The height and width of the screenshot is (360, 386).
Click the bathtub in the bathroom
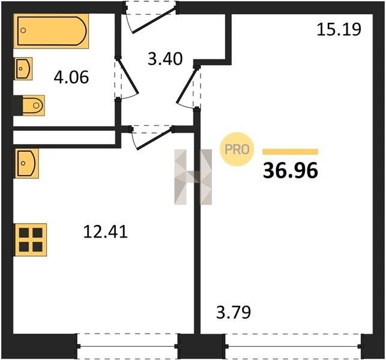coord(51,31)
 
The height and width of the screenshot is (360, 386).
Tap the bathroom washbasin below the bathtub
coord(23,68)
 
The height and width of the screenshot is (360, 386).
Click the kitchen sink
coord(27,163)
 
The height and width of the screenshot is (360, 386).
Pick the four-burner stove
coord(31,239)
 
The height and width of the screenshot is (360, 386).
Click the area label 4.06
coord(71,77)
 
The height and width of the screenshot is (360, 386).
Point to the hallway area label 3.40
coord(165,59)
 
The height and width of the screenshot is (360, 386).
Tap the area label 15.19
coord(339,29)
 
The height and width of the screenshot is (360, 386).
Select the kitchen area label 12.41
coord(106,232)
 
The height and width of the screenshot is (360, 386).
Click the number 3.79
coord(234,312)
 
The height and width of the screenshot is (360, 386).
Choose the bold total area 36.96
coord(291,171)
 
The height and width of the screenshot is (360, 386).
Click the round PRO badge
coord(237,149)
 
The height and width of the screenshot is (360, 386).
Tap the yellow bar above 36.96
coord(290,152)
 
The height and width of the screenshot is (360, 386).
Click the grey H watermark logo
coord(193,177)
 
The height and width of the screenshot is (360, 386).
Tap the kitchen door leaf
coord(154,138)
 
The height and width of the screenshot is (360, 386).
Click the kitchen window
coord(127,346)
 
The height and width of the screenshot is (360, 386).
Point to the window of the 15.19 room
coord(293,346)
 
